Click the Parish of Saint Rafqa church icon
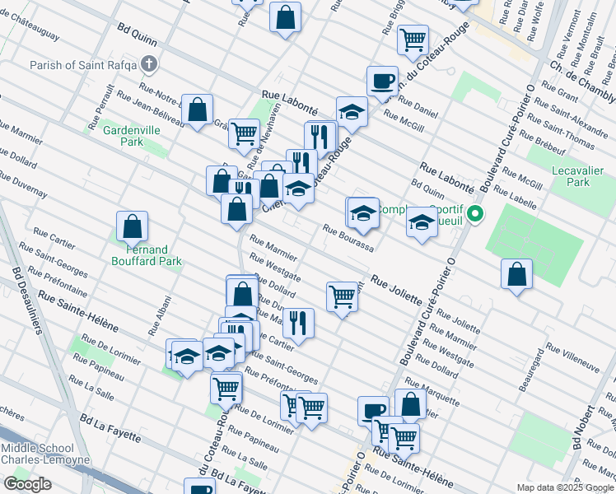(149, 63)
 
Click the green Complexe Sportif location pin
(475, 216)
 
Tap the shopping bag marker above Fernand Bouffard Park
(132, 227)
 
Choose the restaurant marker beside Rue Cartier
(298, 324)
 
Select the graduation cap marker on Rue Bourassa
(363, 213)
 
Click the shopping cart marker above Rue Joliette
(342, 297)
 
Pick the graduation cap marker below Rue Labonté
(352, 113)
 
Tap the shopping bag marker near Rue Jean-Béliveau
(198, 110)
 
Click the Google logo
(27, 484)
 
